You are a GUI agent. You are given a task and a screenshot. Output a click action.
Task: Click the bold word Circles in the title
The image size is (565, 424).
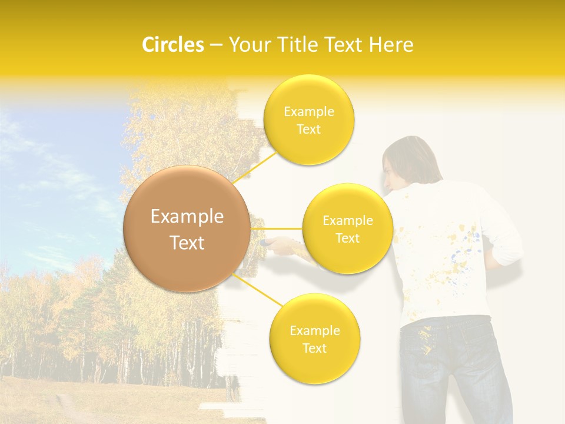coord(172,45)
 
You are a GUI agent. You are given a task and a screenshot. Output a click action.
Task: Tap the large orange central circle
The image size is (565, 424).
coord(187,229)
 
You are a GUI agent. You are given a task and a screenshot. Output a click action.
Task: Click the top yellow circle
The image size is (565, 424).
coord(308,120)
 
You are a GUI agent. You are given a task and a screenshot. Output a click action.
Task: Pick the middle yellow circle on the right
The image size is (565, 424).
coord(347,229)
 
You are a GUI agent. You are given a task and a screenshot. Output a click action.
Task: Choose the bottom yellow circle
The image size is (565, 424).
coord(314,339)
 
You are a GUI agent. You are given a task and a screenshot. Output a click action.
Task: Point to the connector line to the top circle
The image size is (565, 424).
coord(256,164)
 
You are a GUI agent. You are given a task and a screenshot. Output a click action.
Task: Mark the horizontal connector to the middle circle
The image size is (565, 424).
coord(277,228)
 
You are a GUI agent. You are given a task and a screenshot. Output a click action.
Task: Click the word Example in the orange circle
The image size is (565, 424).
coord(187,217)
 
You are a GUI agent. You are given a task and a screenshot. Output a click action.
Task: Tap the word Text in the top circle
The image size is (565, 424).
coord(308,130)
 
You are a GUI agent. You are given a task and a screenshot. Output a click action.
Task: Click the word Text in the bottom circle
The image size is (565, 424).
coord(314,349)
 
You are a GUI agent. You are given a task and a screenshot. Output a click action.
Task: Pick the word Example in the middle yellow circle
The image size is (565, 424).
coord(347,221)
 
